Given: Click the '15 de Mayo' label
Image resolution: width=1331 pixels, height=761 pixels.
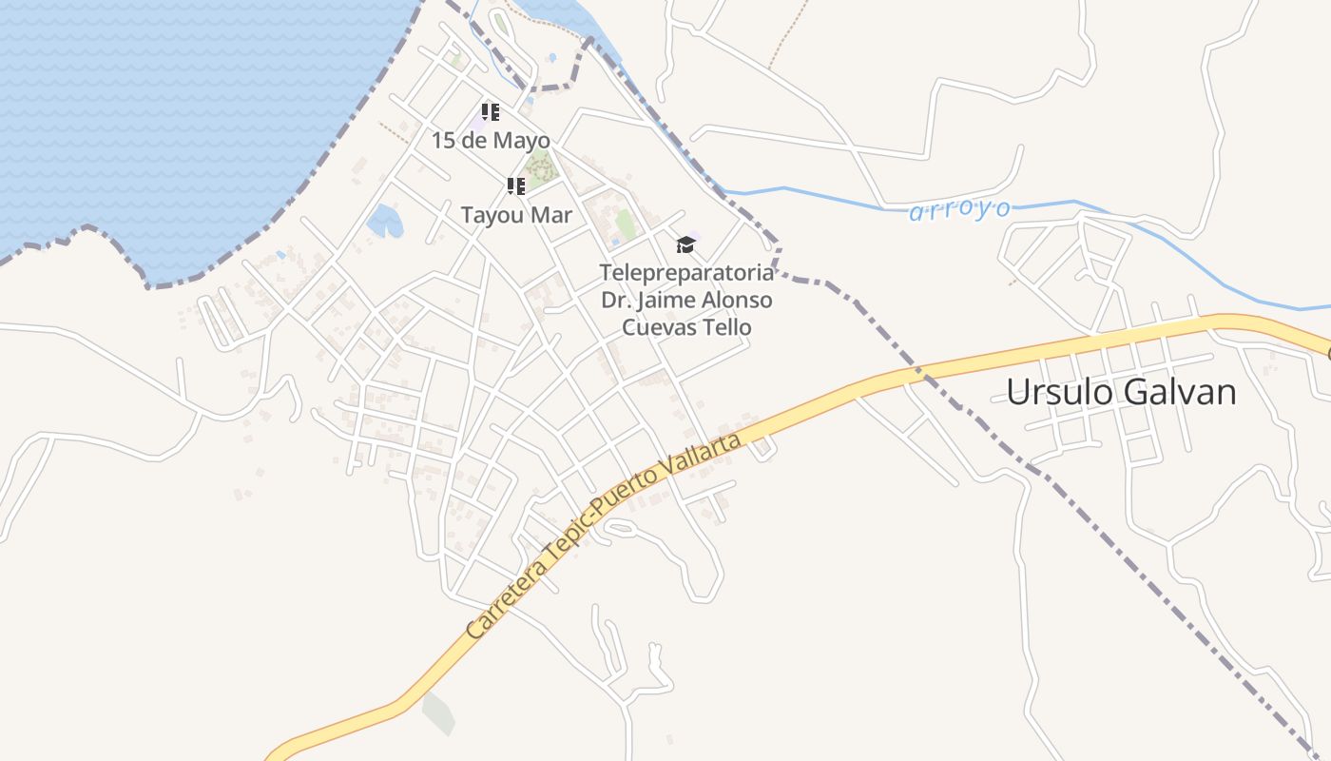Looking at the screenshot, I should (x=491, y=141).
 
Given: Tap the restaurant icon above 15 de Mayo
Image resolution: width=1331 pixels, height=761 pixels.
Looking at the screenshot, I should (x=491, y=112).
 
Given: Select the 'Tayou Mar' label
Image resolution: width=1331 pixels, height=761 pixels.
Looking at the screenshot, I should (x=516, y=215).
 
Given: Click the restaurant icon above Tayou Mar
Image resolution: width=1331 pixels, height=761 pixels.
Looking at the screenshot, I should (x=516, y=185).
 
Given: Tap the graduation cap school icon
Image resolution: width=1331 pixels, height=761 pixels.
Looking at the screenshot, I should (x=685, y=245).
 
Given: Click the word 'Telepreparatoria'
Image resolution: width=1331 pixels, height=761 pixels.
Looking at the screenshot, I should (x=686, y=273).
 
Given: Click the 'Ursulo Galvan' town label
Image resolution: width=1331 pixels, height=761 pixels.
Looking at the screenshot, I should (x=1121, y=392).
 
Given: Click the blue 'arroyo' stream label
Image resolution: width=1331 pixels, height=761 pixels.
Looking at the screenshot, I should (x=959, y=210).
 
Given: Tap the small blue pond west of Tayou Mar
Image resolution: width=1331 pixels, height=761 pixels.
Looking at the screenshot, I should (x=385, y=222).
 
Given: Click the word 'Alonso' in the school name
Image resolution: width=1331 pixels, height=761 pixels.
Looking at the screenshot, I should (x=736, y=301).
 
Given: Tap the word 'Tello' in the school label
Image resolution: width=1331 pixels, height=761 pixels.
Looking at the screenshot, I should (x=723, y=327).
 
